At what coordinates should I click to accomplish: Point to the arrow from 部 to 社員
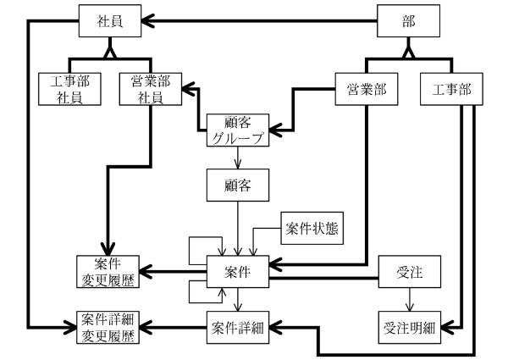(x=254, y=21)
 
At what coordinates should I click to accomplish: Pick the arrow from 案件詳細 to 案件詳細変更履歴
(x=174, y=326)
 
